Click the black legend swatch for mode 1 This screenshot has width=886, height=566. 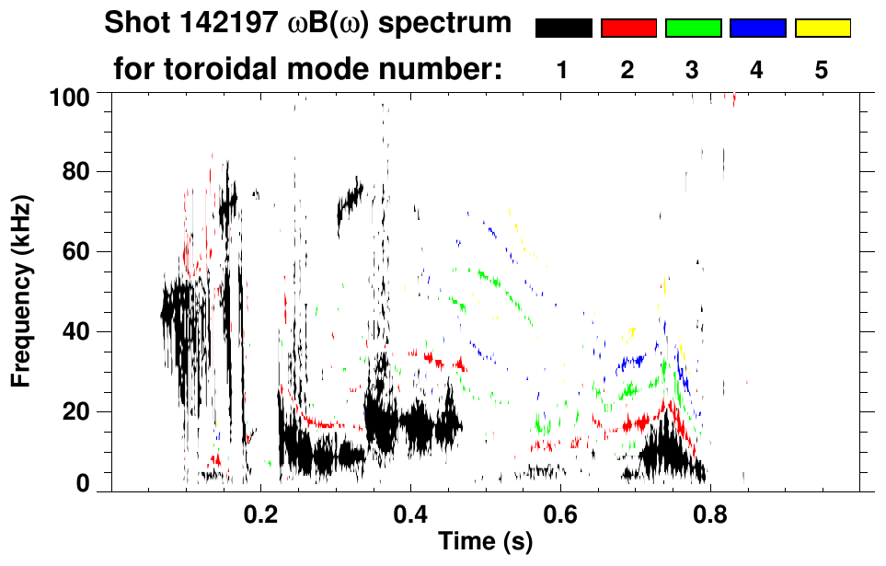[x=563, y=29]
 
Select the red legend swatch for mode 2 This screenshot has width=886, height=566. [x=628, y=29]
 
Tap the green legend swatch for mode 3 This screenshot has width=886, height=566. [x=693, y=29]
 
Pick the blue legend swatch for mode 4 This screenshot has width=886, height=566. [x=757, y=29]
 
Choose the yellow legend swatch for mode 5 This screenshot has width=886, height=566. [x=823, y=29]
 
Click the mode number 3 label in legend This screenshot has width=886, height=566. [x=693, y=71]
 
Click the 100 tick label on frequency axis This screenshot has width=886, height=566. [x=74, y=96]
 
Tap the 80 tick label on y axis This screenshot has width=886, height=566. [x=80, y=172]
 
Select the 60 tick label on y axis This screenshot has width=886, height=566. [x=80, y=251]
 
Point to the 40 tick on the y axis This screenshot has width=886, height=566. [x=80, y=331]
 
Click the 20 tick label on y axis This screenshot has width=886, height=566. [x=80, y=411]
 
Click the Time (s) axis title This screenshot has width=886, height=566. [x=485, y=542]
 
